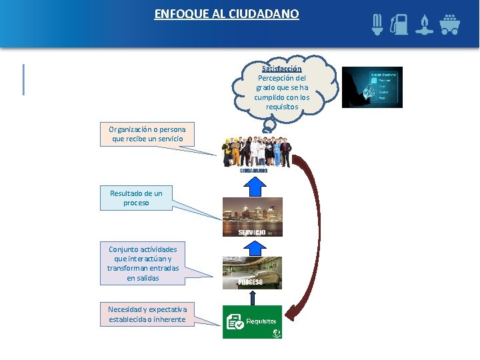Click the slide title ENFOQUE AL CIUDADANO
(227, 14)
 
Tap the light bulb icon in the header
(377, 25)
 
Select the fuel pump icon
(399, 25)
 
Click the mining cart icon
(449, 25)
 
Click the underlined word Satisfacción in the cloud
(282, 69)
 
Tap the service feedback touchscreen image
(372, 87)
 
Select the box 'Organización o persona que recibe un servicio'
(148, 134)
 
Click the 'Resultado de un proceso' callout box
(136, 198)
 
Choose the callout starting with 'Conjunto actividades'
(143, 263)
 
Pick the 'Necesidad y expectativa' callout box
(148, 315)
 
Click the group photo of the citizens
(257, 151)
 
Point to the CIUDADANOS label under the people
(254, 171)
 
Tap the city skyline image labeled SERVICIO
(252, 217)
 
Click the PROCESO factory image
(252, 273)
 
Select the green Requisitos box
(252, 322)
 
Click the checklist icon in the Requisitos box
(235, 322)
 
